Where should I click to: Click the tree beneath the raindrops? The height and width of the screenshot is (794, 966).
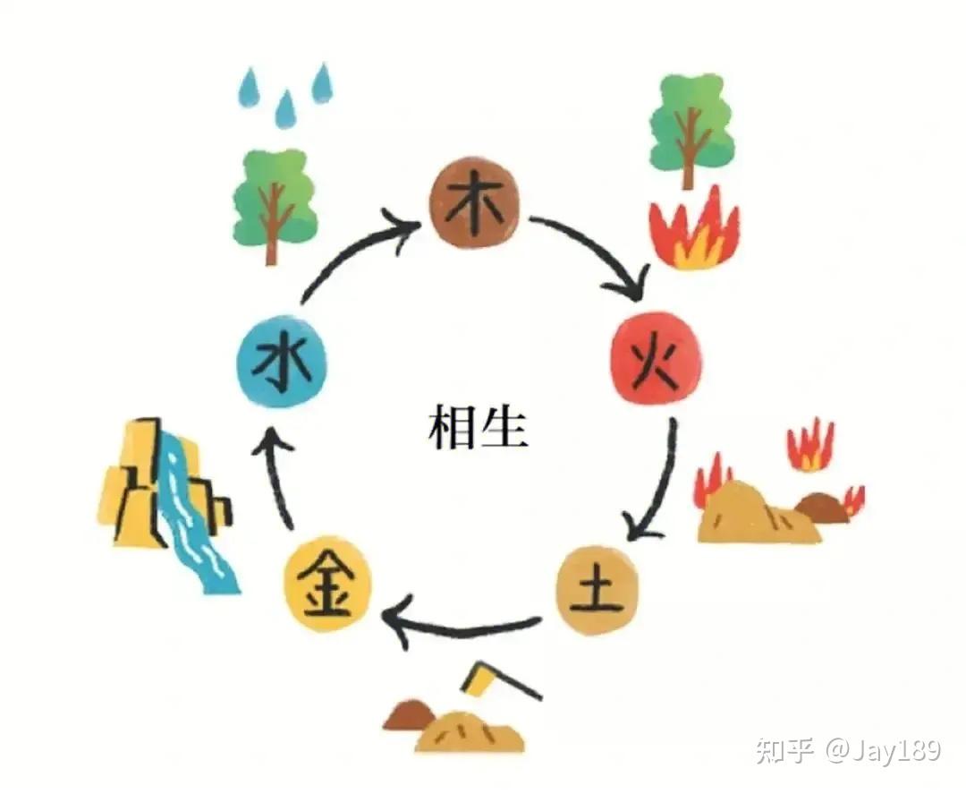(x=274, y=202)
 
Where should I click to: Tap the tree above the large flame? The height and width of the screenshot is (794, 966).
(x=690, y=126)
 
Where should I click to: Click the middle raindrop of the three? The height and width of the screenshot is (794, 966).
(x=285, y=109)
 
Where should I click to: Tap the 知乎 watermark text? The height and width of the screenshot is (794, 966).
(x=784, y=749)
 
